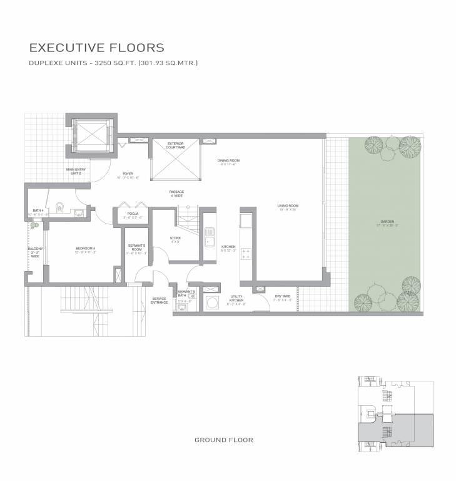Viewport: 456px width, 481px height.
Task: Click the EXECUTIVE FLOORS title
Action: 97,48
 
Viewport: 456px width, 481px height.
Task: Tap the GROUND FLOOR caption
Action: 224,440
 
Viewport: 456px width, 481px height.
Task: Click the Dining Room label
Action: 228,162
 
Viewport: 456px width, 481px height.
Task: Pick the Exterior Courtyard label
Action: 175,145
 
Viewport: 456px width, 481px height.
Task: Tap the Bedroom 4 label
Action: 85,251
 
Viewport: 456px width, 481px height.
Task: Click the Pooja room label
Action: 133,215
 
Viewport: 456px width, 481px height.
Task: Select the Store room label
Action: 176,240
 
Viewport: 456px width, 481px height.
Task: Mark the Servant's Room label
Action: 136,249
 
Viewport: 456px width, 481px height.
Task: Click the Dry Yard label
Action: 283,298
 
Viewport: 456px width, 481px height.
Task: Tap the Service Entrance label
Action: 159,301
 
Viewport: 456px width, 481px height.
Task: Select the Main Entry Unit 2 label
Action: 76,172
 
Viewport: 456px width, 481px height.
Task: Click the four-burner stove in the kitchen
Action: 246,254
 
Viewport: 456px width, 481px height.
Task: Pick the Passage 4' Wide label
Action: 176,194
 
